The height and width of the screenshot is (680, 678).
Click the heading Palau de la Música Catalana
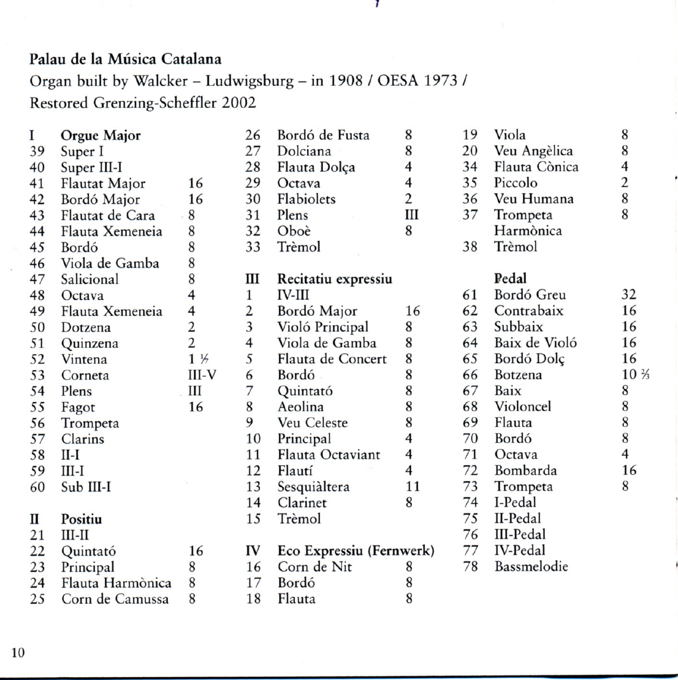pyautogui.click(x=125, y=59)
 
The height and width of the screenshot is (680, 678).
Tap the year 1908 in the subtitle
pyautogui.click(x=346, y=81)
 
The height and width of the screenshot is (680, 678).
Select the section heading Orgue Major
pyautogui.click(x=101, y=136)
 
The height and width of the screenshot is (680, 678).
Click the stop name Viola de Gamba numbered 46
pyautogui.click(x=110, y=263)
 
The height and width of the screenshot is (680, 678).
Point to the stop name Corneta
pyautogui.click(x=85, y=375)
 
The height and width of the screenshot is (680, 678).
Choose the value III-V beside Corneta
pyautogui.click(x=202, y=375)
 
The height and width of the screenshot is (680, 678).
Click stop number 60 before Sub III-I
pyautogui.click(x=37, y=487)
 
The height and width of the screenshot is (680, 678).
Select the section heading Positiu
pyautogui.click(x=81, y=519)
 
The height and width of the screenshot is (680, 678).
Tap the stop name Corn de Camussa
pyautogui.click(x=115, y=599)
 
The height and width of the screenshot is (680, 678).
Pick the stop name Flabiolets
pyautogui.click(x=306, y=199)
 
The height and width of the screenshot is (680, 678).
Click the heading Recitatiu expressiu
pyautogui.click(x=334, y=279)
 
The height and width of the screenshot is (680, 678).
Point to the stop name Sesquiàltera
pyautogui.click(x=313, y=487)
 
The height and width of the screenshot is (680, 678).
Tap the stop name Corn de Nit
pyautogui.click(x=315, y=567)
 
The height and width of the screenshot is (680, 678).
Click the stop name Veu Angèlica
pyautogui.click(x=533, y=151)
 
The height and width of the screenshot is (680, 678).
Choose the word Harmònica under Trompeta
pyautogui.click(x=528, y=231)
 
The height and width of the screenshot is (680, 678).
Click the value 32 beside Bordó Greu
pyautogui.click(x=629, y=295)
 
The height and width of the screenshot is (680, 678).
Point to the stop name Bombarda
pyautogui.click(x=525, y=470)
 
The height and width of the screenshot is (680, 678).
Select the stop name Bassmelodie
pyautogui.click(x=531, y=566)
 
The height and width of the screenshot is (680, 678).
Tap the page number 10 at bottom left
pyautogui.click(x=18, y=653)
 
